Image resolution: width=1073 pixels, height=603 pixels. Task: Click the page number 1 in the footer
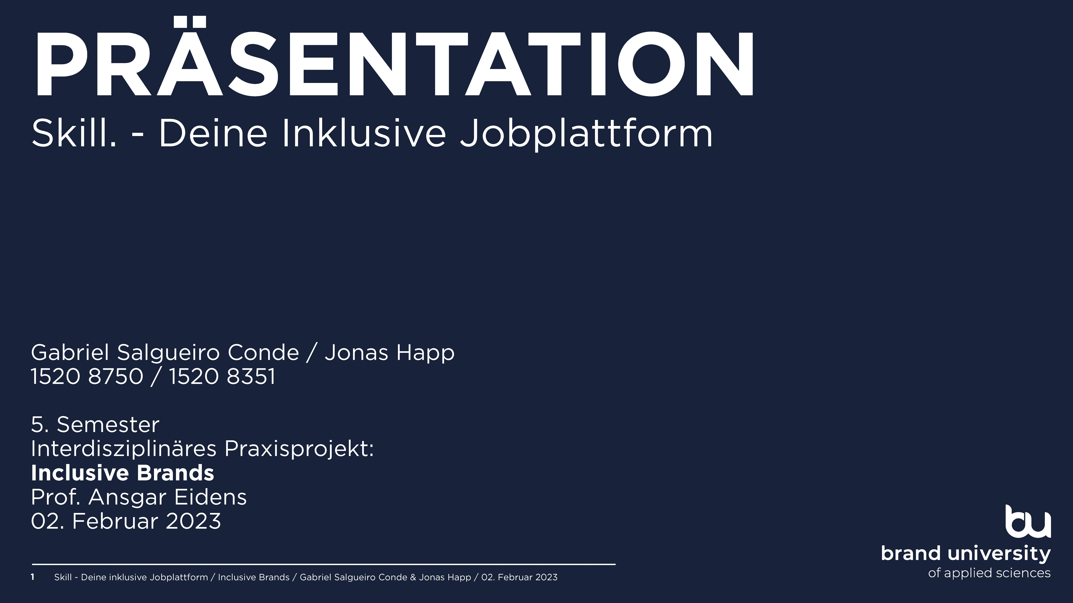32,577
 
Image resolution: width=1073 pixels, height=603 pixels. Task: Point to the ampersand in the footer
413,577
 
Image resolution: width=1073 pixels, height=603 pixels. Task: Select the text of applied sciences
989,573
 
